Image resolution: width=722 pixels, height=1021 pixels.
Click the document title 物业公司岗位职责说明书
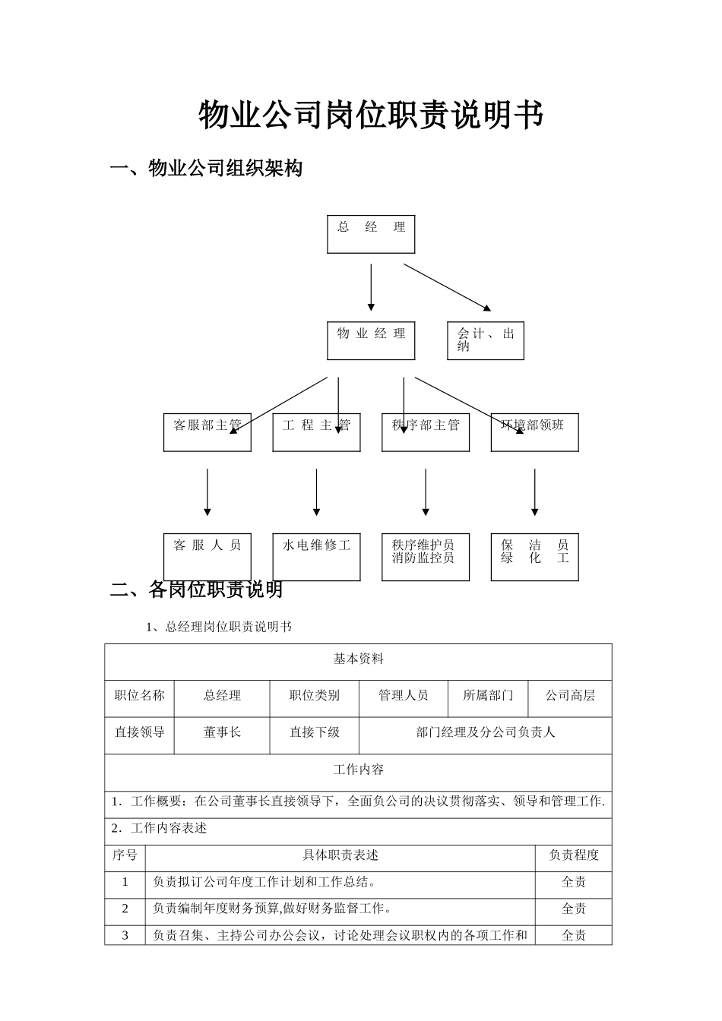coord(371,115)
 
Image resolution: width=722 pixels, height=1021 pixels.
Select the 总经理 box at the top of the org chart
coord(371,234)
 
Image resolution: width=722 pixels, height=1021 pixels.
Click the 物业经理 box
coord(371,340)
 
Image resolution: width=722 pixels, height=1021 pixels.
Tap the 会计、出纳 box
coord(485,340)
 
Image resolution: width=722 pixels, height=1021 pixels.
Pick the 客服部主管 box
coord(207,432)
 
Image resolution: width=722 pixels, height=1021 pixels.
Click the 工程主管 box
coord(316,432)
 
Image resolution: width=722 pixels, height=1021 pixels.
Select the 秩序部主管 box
coord(426,432)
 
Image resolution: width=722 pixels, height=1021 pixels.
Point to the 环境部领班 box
coord(534,432)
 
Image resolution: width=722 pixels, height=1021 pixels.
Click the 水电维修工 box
coord(316,557)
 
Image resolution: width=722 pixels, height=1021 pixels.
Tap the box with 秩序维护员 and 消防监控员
coord(426,557)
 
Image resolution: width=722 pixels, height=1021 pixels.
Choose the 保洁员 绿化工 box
coord(534,557)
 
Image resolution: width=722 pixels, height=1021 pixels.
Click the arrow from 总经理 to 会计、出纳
coord(447,287)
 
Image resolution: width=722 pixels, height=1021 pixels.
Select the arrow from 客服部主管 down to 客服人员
coord(207,492)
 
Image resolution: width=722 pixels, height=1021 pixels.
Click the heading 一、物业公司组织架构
coord(207,168)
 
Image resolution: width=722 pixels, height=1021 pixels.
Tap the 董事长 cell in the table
coord(222,732)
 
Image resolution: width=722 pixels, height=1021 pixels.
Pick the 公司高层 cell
coord(570,695)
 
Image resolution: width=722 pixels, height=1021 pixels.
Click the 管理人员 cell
coord(403,695)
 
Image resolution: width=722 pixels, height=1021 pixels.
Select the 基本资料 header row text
coord(358,659)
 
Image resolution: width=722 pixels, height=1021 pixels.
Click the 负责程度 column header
coord(574,855)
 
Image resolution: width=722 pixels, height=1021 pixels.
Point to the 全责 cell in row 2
coord(574,909)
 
